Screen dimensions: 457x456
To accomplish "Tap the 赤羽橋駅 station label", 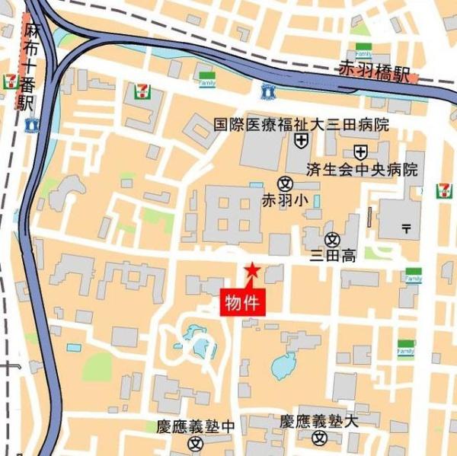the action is [x=375, y=74].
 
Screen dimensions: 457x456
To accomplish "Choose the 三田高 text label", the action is [x=333, y=256].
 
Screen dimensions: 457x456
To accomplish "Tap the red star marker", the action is [x=251, y=269].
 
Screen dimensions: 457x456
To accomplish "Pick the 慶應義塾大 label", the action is [x=318, y=421].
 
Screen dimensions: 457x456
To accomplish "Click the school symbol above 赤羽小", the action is [x=285, y=183].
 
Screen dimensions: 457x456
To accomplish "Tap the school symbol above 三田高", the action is [x=332, y=239].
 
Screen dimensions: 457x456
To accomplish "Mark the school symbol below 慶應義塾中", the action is [x=196, y=442].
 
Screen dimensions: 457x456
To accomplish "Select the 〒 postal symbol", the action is [x=406, y=227].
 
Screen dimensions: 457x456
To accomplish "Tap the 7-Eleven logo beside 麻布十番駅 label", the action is [x=11, y=80].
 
